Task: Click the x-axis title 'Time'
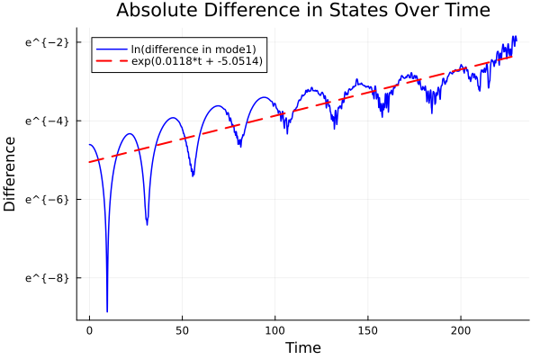tap(302, 347)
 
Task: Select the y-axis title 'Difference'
tap(10, 174)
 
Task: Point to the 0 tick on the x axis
tap(89, 330)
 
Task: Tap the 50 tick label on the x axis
tap(182, 330)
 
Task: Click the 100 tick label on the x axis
tap(274, 330)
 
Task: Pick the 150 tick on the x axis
tap(368, 330)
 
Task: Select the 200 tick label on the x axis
tap(461, 330)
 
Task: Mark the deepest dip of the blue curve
tap(107, 310)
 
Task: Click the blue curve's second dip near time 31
tap(147, 223)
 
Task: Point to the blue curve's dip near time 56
tap(193, 175)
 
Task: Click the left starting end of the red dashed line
tap(90, 162)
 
